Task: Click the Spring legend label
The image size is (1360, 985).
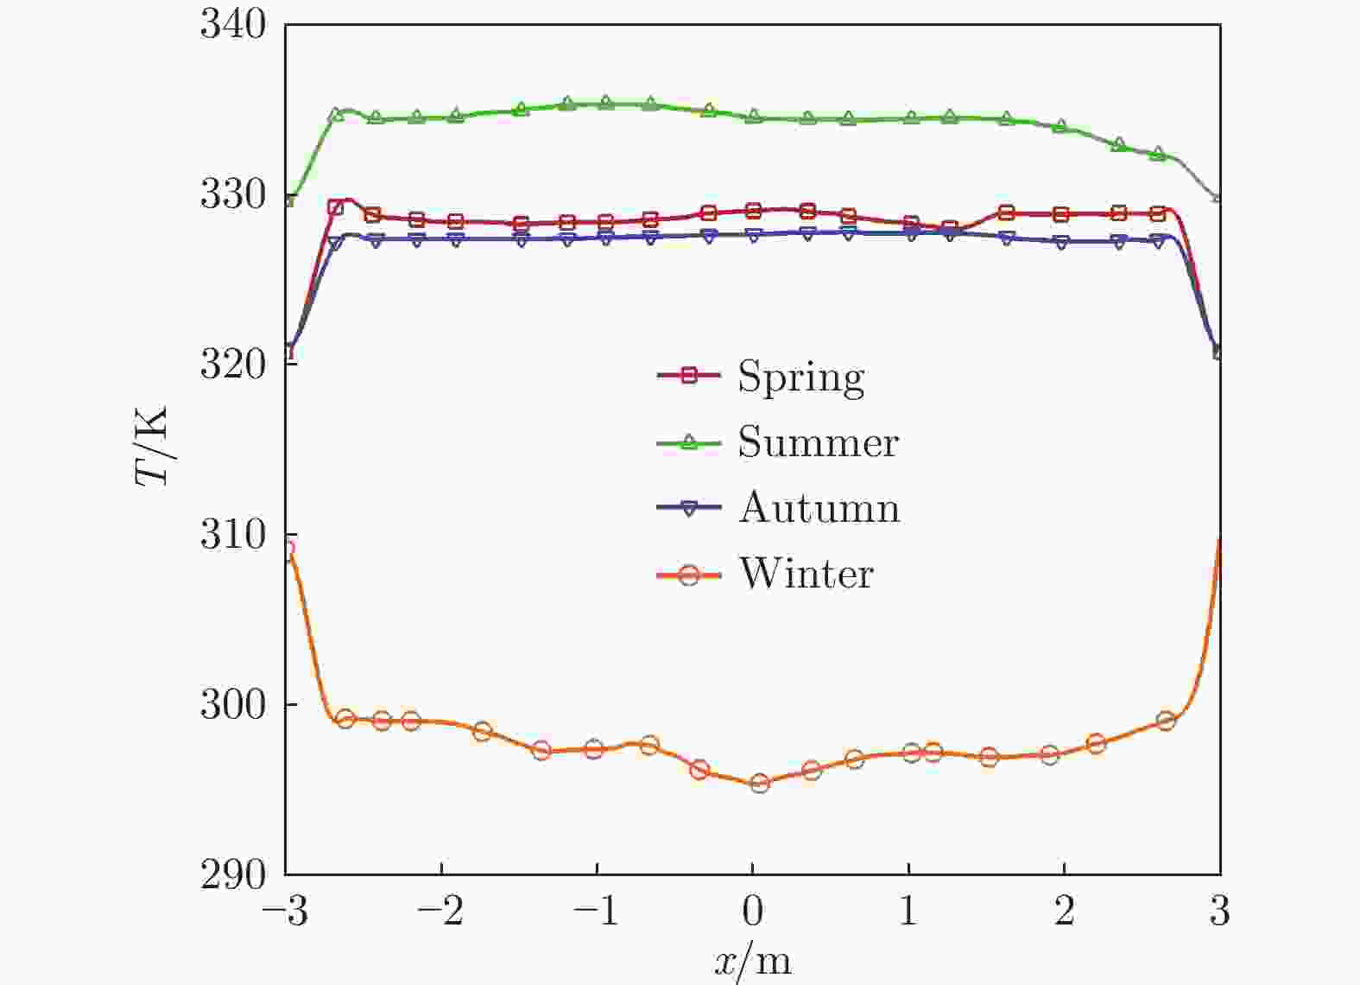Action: pos(800,377)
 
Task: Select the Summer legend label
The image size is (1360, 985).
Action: pos(818,442)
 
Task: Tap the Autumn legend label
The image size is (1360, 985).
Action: pos(819,508)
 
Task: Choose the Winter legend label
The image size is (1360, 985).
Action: pos(806,574)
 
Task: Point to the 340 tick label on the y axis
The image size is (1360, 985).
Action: pos(233,24)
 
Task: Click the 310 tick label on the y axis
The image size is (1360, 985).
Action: pos(233,536)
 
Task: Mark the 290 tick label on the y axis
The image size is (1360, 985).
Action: pos(233,875)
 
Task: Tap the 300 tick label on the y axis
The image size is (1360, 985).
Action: pos(233,705)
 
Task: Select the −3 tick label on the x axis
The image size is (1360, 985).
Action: pos(284,912)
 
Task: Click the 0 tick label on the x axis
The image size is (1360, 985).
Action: pos(753,912)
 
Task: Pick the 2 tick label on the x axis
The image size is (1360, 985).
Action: pos(1064,912)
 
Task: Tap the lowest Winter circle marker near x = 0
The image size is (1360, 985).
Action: pos(760,784)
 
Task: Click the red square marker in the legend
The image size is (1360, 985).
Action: pos(688,376)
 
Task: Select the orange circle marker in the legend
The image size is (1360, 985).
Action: pos(688,575)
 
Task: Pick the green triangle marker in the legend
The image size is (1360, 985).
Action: pos(688,442)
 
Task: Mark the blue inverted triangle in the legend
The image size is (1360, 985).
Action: pos(688,509)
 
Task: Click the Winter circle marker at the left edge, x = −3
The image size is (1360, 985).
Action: pos(288,549)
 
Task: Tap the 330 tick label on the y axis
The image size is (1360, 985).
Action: pos(233,195)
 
